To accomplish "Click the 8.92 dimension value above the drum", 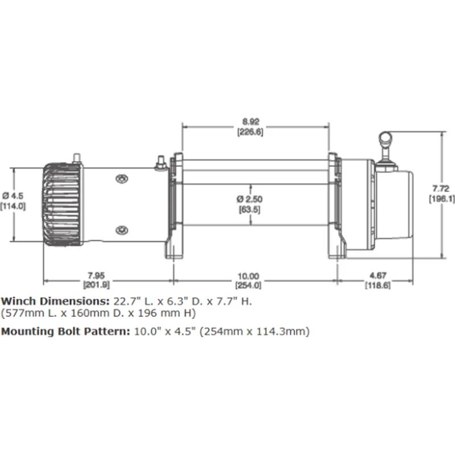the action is click(250, 122).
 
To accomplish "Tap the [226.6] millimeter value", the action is click(250, 132).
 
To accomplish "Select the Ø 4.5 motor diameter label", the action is click(13, 196).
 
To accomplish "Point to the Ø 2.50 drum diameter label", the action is click(250, 199).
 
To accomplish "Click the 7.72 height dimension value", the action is click(441, 189).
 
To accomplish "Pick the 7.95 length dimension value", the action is click(96, 275).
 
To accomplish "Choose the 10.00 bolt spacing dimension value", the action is click(249, 276).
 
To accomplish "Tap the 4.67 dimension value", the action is click(378, 275).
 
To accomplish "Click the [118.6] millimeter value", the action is click(378, 286).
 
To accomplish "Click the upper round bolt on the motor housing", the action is click(122, 179).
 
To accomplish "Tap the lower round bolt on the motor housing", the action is click(122, 230).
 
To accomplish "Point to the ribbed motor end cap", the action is click(63, 205).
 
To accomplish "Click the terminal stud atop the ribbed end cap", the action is click(77, 158).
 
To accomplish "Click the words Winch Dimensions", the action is click(55, 301).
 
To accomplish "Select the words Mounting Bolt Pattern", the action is click(65, 331).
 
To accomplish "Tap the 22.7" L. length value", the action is click(133, 301).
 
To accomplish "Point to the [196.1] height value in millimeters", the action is click(442, 199).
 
